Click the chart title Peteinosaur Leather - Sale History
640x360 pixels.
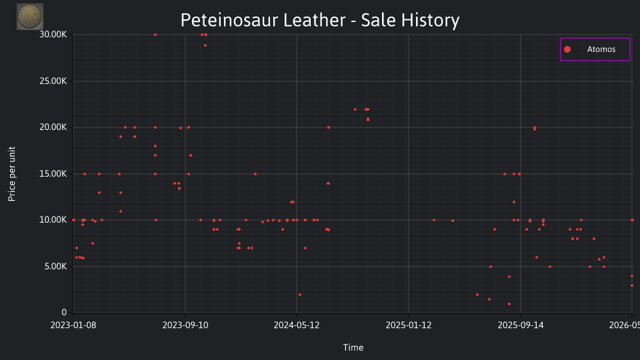click(320, 20)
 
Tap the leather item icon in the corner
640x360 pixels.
click(30, 17)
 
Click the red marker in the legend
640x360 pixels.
click(567, 49)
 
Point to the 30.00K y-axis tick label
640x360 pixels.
click(53, 35)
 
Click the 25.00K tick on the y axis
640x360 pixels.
click(53, 81)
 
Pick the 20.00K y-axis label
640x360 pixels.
click(53, 127)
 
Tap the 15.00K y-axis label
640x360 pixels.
click(53, 174)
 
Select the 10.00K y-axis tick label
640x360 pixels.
click(53, 220)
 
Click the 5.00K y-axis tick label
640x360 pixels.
click(55, 267)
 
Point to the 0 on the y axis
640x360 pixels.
click(64, 313)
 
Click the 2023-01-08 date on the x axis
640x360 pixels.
click(73, 325)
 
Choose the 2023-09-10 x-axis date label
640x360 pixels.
click(185, 325)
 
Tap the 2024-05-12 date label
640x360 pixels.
click(297, 325)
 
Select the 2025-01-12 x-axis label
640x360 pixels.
click(409, 325)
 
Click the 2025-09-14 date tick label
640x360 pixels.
click(521, 325)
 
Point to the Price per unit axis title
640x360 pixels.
click(12, 174)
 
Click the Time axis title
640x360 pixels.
click(353, 348)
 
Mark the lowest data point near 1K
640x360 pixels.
click(509, 304)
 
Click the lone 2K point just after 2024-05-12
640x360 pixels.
click(300, 295)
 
